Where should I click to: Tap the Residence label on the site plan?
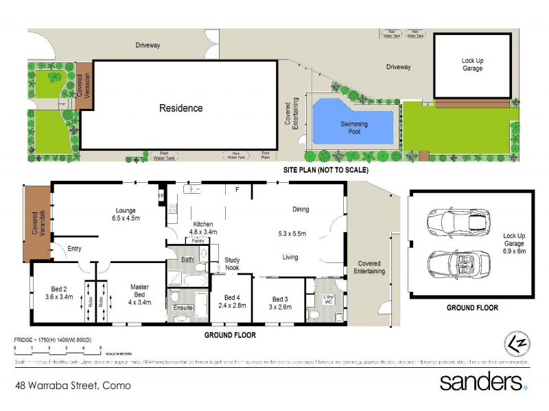(x=181, y=108)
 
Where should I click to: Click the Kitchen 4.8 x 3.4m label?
(x=202, y=228)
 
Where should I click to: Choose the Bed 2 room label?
(x=57, y=292)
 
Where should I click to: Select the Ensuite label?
(x=183, y=308)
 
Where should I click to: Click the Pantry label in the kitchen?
(x=199, y=241)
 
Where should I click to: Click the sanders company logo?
(x=483, y=382)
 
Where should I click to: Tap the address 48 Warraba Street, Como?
(x=73, y=386)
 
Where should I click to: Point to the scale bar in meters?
(x=58, y=351)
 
